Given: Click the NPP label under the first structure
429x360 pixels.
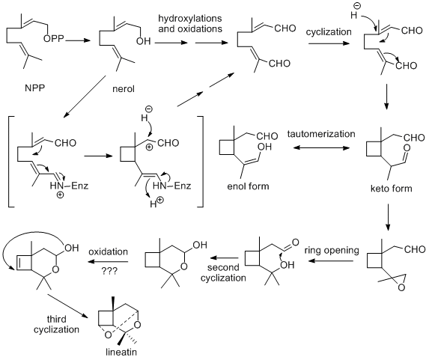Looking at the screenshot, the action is click(34, 88).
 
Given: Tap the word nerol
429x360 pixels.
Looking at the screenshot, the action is click(124, 89).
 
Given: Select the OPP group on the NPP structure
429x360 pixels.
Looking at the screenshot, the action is click(53, 39).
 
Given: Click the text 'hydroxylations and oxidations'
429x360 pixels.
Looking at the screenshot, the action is click(190, 23).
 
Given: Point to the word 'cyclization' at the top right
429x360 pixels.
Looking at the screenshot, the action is click(329, 32).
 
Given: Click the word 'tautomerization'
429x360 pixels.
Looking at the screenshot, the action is click(321, 134).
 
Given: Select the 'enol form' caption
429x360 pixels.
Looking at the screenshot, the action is click(248, 186).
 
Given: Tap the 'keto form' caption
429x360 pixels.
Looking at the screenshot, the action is click(392, 189).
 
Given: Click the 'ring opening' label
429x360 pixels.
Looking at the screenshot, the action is click(332, 250).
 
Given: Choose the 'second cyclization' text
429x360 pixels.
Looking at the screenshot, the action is click(223, 272).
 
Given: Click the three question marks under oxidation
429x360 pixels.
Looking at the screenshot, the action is click(109, 271).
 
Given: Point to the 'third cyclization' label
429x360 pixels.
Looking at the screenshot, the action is click(56, 324).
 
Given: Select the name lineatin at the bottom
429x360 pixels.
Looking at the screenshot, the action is click(121, 352).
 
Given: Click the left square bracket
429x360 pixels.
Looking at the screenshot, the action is click(10, 162).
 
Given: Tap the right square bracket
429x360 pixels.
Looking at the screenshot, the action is click(201, 162).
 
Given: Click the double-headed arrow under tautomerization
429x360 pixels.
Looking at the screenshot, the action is click(321, 148).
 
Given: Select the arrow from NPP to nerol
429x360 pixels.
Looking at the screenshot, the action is click(78, 40).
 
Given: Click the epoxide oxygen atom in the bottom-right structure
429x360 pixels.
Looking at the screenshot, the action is click(401, 287).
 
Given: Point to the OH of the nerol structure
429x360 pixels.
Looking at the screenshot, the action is click(143, 41).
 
